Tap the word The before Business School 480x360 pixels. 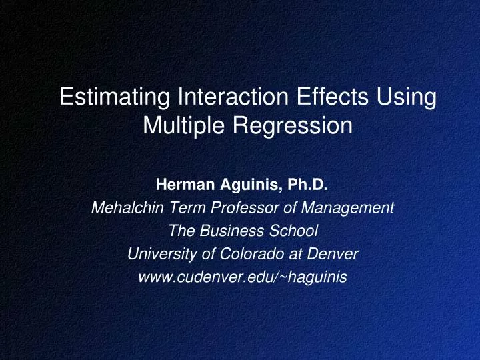182,231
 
